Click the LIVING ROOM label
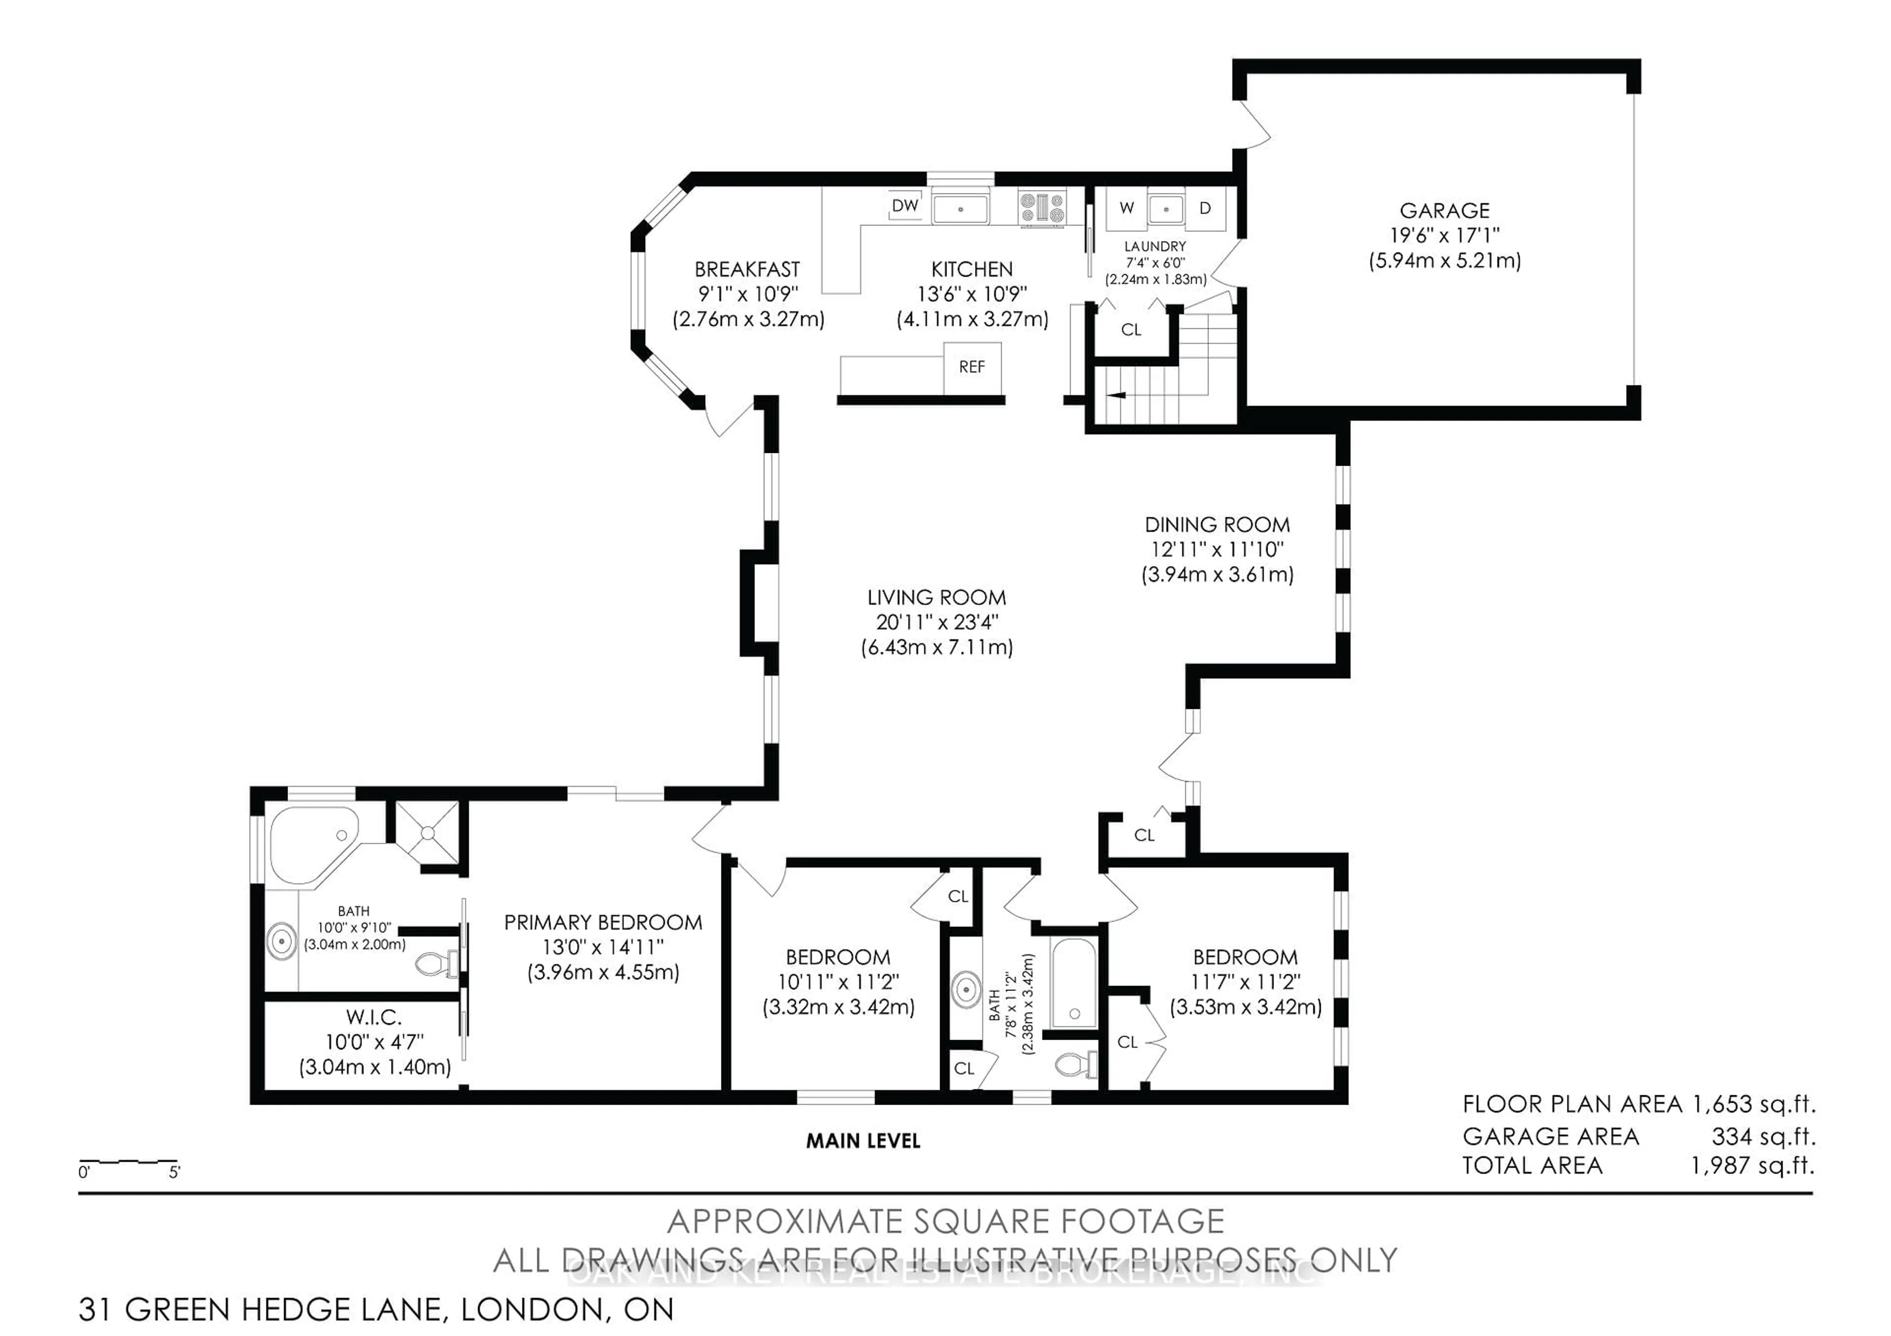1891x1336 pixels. point(937,598)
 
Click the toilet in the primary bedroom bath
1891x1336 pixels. point(436,963)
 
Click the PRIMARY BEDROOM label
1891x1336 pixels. point(603,923)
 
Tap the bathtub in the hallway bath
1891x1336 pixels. point(1073,984)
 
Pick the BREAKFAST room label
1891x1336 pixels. point(747,269)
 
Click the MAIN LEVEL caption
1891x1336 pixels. point(862,1141)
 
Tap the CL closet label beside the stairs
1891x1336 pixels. point(1131,330)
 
